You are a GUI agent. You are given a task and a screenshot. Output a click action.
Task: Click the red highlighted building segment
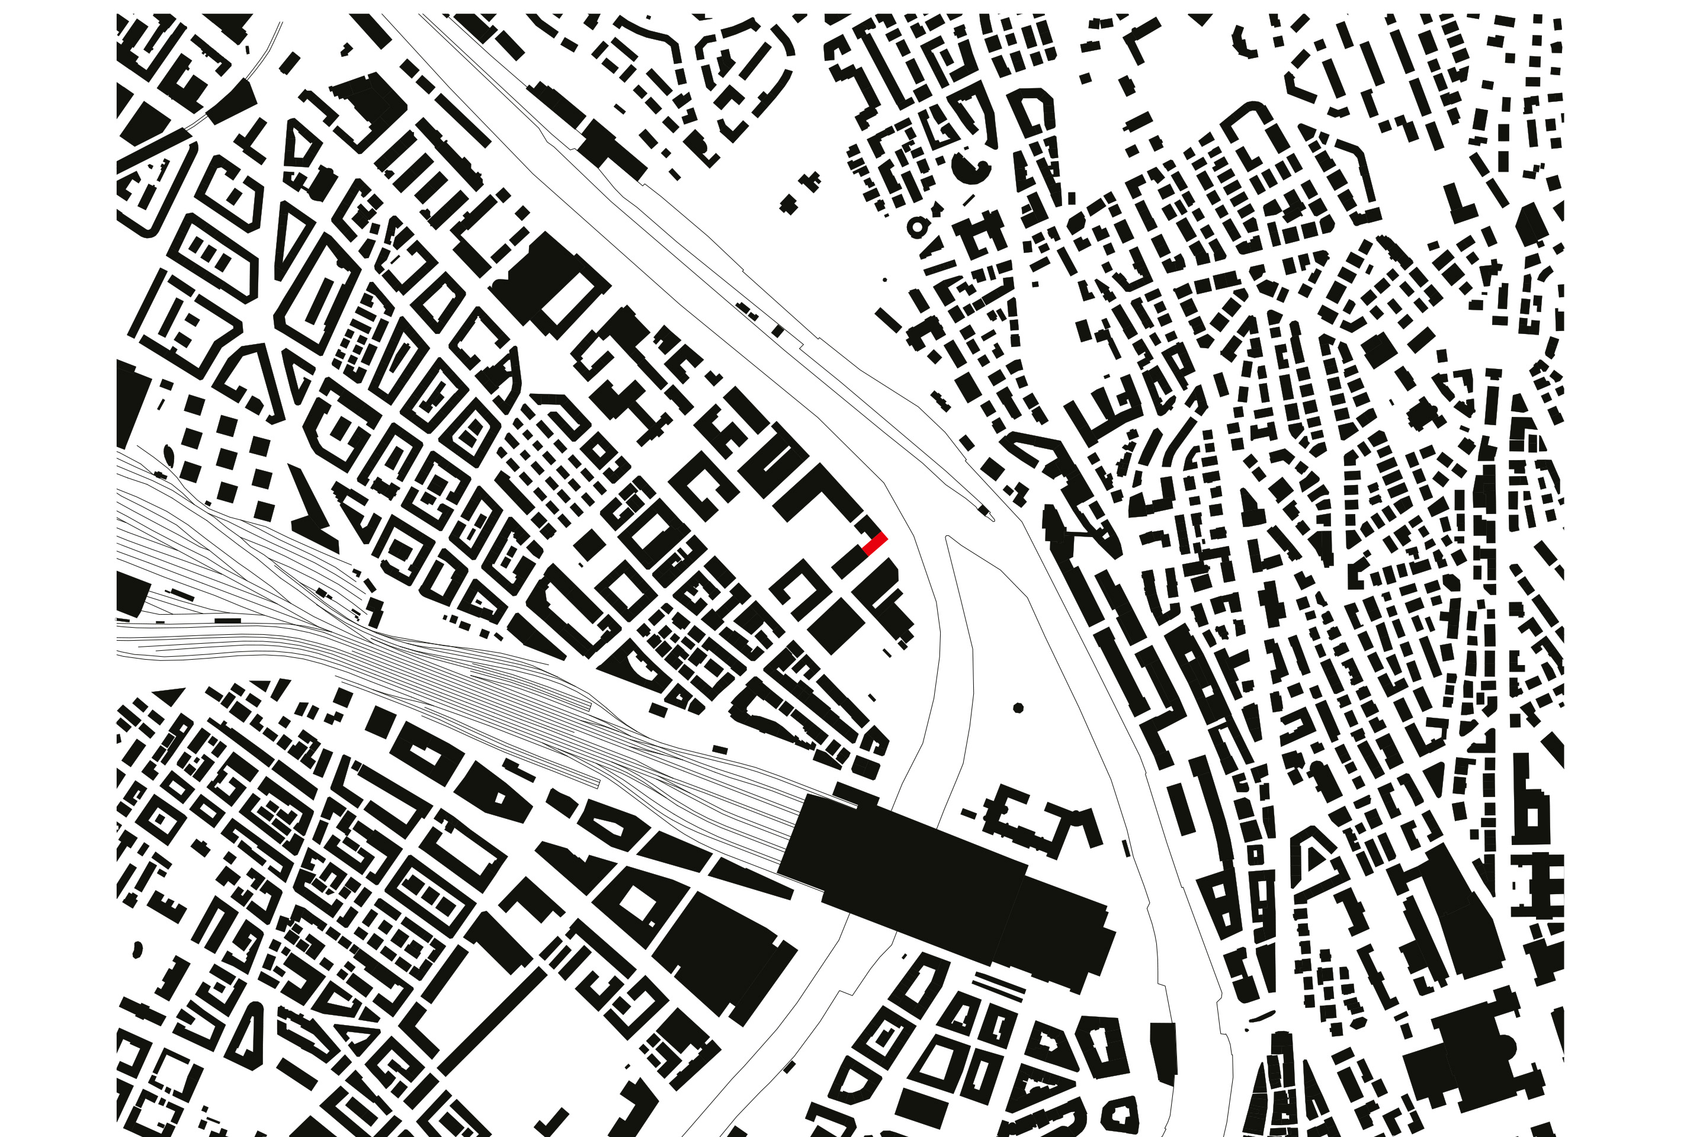[875, 543]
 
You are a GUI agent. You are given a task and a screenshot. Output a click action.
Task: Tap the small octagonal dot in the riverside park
[1018, 708]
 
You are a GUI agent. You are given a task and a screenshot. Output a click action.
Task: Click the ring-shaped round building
[918, 227]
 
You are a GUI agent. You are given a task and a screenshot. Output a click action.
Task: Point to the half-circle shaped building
[970, 169]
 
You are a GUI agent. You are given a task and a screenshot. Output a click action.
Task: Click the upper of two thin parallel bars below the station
[999, 978]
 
